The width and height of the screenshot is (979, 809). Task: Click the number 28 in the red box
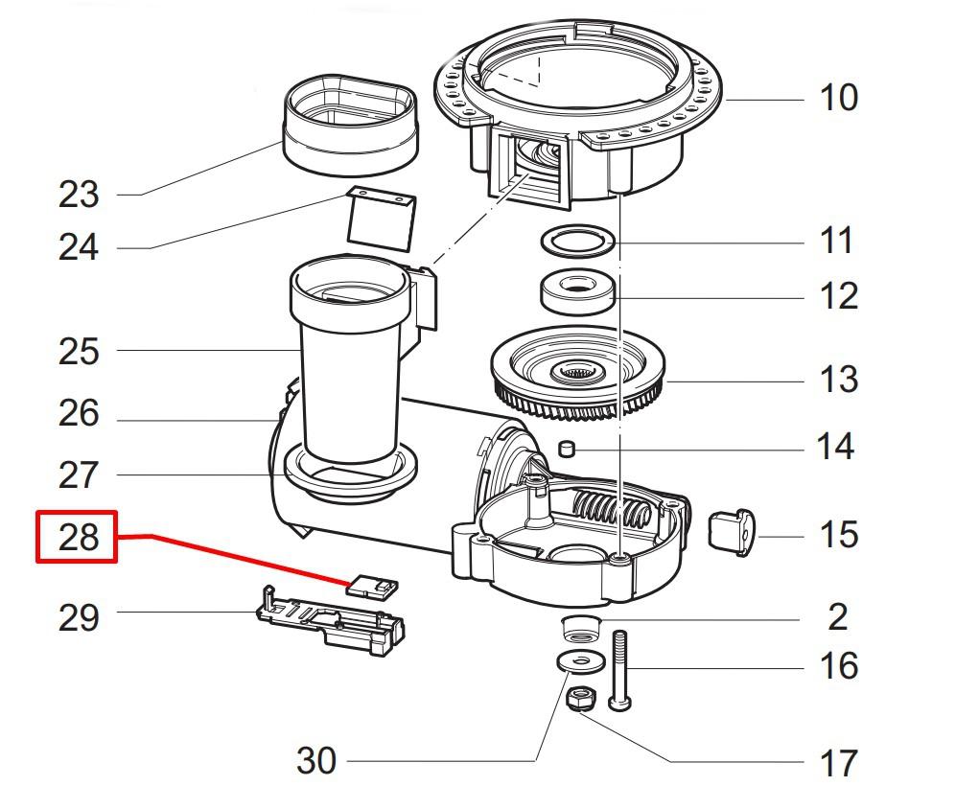(78, 537)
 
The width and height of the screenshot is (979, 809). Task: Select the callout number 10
(837, 98)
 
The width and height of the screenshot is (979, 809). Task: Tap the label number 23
(78, 195)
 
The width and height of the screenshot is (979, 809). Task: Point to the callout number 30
(316, 761)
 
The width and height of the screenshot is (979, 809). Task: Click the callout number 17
(837, 764)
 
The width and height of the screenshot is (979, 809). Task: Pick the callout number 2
(837, 617)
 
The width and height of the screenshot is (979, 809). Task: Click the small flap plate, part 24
(378, 219)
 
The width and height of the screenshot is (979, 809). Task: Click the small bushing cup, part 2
(579, 630)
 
